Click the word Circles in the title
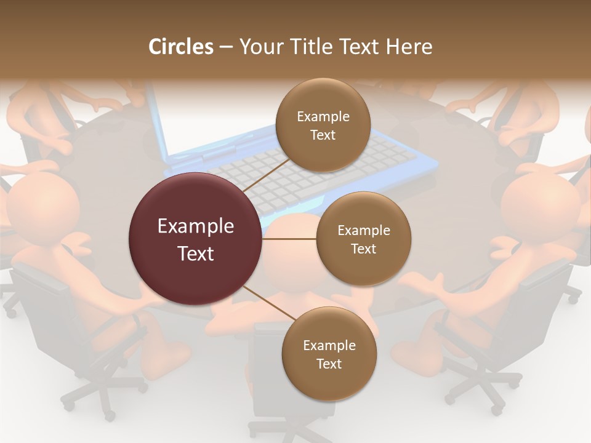point(181,47)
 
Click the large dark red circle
point(195,239)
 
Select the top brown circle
point(323,126)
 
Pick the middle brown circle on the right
point(363,239)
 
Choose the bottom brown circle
point(329,354)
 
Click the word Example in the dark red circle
point(195,226)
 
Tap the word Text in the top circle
point(323,135)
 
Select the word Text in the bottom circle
point(329,364)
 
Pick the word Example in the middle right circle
point(363,231)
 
